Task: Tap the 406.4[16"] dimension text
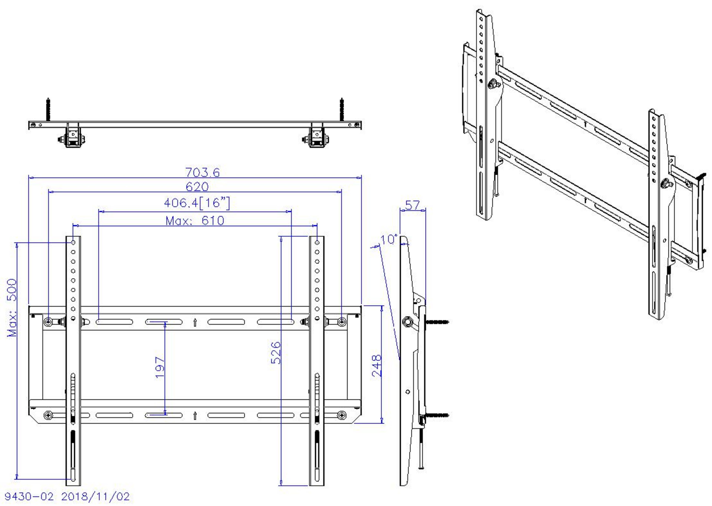[197, 203]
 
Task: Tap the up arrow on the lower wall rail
[195, 415]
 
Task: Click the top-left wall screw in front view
[48, 322]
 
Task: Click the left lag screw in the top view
[48, 109]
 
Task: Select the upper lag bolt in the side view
[437, 321]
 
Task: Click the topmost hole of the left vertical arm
[73, 242]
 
